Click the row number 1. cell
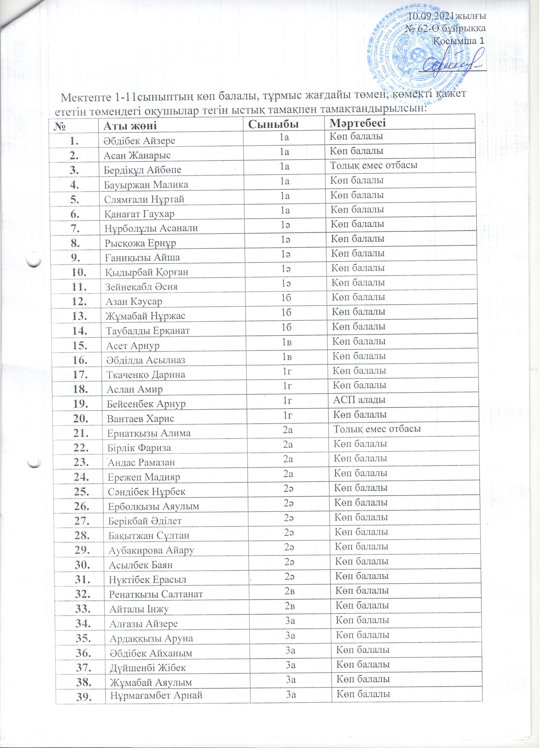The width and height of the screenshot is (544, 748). point(74,141)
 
